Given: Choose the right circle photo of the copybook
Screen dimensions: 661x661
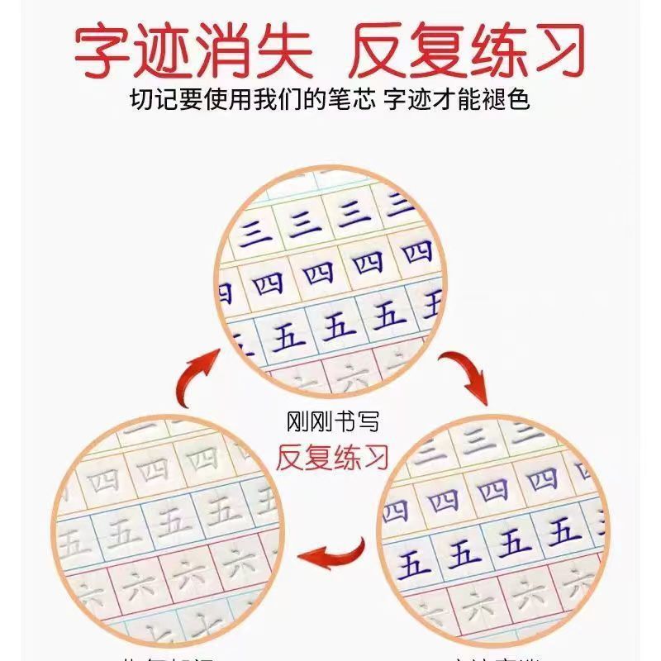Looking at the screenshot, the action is click(496, 537).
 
